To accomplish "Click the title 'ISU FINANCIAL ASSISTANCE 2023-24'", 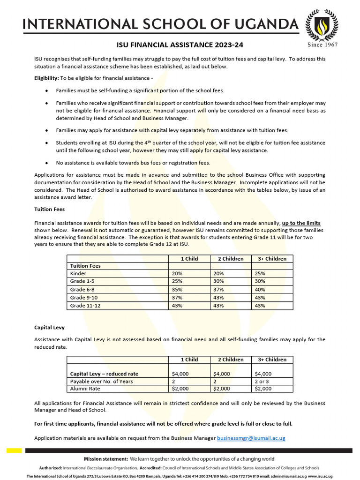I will (180, 45).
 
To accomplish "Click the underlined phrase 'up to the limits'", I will (301, 223).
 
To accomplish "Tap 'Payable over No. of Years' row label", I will (101, 381).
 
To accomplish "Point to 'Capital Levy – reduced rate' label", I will (104, 374).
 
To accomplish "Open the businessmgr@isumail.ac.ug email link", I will (251, 438).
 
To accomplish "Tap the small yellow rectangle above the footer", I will (14, 450).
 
